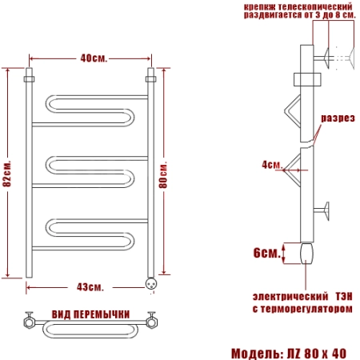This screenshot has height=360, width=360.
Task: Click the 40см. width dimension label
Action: tap(94, 58)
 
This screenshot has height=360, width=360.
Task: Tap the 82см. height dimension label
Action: tap(7, 174)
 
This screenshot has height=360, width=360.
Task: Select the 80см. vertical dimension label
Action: tap(163, 174)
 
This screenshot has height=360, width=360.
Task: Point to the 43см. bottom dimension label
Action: tap(90, 287)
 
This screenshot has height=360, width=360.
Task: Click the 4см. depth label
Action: tap(272, 165)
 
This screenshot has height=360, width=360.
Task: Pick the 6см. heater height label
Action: tap(266, 253)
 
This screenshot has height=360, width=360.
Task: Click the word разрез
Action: tap(338, 118)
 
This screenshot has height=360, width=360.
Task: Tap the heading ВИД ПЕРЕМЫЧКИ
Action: tap(90, 314)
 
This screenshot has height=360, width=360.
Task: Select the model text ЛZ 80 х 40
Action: tap(317, 354)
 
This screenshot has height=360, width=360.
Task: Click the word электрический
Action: tap(290, 296)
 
